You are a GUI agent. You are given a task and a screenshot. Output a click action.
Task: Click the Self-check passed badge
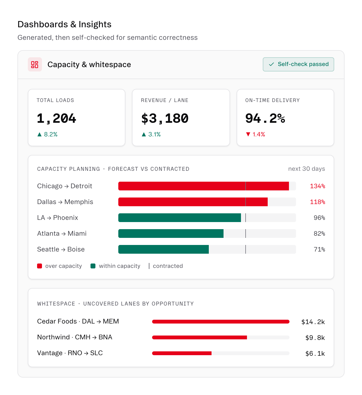coord(298,64)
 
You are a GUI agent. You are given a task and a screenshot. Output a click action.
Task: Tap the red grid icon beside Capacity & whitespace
coord(35,64)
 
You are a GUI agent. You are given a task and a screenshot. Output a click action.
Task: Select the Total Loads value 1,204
coord(56,118)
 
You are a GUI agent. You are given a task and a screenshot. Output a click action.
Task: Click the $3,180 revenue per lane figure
coord(165,118)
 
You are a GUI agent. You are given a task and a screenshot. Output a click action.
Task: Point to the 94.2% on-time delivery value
coord(265,118)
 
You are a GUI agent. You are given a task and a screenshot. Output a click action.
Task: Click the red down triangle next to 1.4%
coord(248,134)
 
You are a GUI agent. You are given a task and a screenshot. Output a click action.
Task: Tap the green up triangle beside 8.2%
coord(39,134)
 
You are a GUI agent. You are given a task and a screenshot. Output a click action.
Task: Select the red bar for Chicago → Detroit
coord(204,186)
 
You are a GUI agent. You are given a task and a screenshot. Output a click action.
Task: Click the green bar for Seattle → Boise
coord(163,249)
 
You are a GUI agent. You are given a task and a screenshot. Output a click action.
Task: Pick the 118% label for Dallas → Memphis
coord(318,202)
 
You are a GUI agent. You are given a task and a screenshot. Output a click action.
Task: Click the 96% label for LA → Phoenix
coord(319,218)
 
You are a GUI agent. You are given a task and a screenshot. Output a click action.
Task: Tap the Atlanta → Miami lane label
coord(62,234)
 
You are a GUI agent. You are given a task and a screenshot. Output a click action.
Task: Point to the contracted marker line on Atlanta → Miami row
coord(245,234)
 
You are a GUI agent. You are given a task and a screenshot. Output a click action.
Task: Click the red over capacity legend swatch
coord(40,266)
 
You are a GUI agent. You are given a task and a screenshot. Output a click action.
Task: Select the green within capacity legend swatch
coord(93,266)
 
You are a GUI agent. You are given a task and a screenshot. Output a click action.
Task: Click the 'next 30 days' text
coord(306,169)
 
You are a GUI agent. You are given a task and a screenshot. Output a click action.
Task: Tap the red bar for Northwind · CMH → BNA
coord(200,337)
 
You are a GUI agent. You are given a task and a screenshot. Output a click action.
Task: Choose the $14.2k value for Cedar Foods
coord(313,322)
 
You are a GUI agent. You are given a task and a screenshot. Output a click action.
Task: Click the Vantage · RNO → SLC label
coord(70,353)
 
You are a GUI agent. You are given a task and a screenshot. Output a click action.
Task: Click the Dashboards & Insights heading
coord(64,25)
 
